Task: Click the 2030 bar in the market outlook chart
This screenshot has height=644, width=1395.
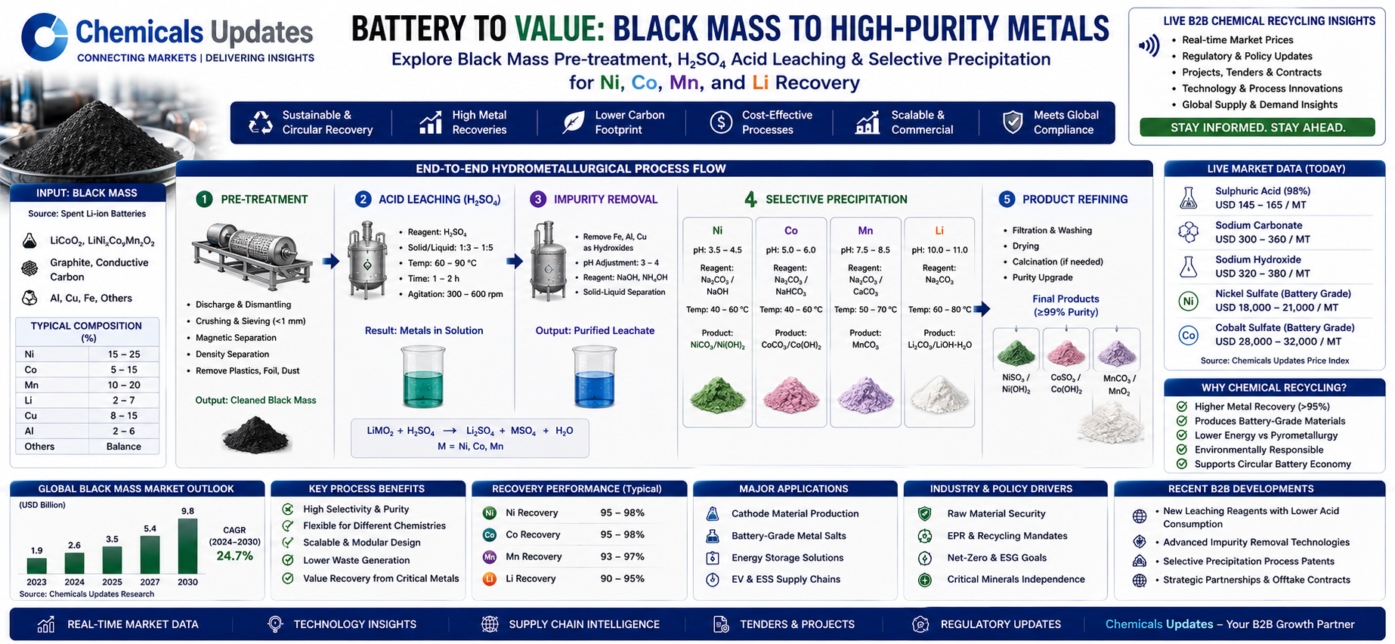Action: point(187,546)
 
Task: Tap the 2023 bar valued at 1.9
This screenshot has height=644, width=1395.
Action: point(36,565)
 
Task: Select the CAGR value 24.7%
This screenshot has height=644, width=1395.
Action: point(235,556)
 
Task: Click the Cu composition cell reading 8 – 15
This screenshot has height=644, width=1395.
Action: point(124,416)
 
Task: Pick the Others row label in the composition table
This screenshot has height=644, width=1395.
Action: point(39,447)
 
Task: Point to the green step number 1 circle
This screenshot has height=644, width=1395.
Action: point(204,199)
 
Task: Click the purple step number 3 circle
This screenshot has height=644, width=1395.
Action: point(537,199)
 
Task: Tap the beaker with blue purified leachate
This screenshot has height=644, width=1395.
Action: point(594,376)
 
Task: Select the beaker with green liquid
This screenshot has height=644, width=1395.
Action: point(423,376)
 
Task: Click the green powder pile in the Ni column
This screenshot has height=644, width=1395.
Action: point(717,395)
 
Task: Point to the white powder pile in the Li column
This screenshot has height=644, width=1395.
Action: point(939,395)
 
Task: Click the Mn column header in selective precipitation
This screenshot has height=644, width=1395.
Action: point(865,231)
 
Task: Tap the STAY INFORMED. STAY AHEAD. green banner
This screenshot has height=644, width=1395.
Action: point(1257,127)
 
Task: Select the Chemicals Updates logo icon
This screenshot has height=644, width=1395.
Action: point(45,36)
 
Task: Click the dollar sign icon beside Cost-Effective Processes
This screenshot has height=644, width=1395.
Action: point(721,122)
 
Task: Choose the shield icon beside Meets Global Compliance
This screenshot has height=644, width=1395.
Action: point(1013,122)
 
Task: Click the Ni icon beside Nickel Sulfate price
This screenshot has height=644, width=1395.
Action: point(1188,301)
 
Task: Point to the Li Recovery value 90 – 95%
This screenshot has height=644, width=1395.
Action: point(623,579)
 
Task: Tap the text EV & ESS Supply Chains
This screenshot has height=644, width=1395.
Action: point(786,580)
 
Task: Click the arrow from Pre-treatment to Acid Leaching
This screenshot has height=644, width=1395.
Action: point(330,262)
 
